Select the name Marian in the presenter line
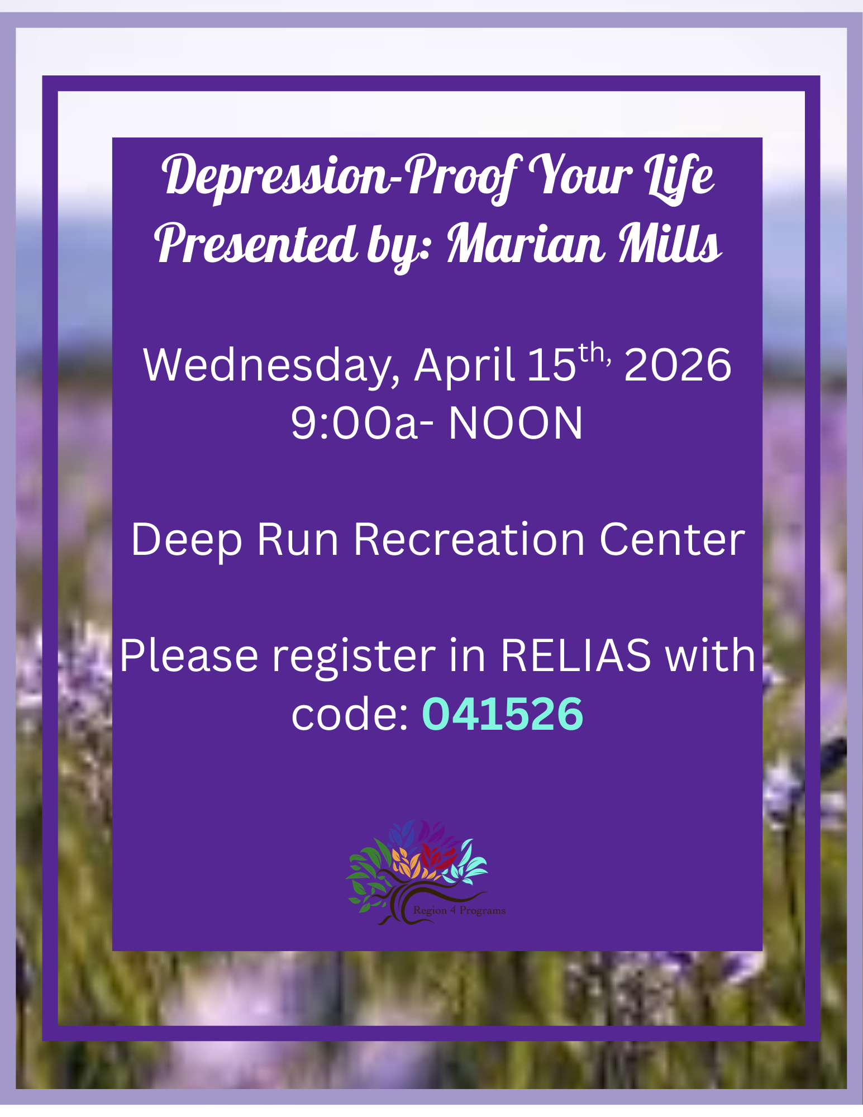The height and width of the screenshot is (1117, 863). [x=525, y=244]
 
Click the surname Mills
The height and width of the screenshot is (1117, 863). [x=670, y=244]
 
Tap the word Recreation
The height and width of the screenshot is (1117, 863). [x=469, y=540]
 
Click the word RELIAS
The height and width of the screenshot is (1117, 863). [x=575, y=655]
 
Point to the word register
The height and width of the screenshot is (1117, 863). [x=354, y=656]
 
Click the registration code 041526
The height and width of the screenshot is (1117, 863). [x=503, y=714]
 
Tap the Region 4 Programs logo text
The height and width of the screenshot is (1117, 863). [x=459, y=910]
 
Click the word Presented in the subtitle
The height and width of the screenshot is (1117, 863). [x=256, y=244]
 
